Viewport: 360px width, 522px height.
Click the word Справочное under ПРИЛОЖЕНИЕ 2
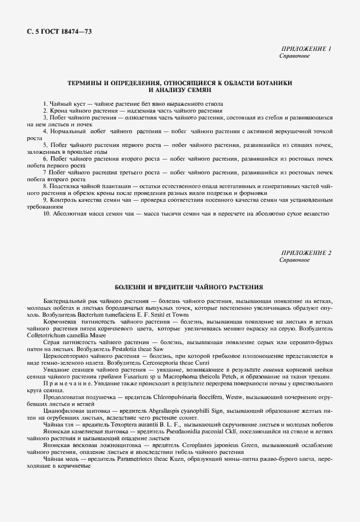click(294, 260)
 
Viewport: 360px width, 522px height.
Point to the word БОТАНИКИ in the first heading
click(271, 83)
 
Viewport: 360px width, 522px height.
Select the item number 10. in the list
click(47, 213)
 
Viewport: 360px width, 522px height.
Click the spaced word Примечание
click(65, 383)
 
